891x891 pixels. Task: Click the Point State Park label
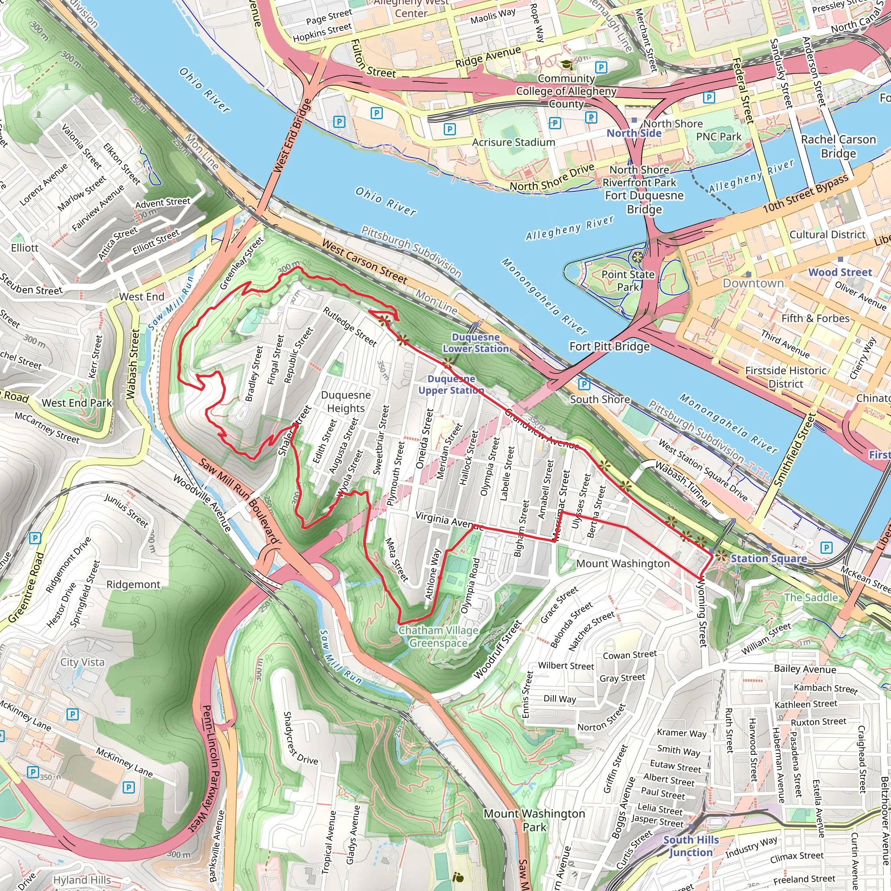[x=628, y=281]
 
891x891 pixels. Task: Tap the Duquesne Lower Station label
[x=476, y=343]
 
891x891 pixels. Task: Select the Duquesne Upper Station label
[x=451, y=384]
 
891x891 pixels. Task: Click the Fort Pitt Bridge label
[x=609, y=346]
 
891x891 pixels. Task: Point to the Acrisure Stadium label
[x=513, y=143]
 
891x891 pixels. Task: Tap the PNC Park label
[x=719, y=137]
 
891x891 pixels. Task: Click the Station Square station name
[x=768, y=558]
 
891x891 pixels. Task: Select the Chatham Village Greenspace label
[x=438, y=636]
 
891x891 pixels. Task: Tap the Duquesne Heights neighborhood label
[x=346, y=402]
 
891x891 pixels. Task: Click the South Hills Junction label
[x=690, y=846]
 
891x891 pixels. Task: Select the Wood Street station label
[x=840, y=272]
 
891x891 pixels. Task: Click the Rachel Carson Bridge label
[x=838, y=146]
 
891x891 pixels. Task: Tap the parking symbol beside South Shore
[x=584, y=384]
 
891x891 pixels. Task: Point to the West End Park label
[x=77, y=402]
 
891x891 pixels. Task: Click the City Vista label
[x=82, y=662]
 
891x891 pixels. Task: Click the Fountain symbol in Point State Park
[x=637, y=257]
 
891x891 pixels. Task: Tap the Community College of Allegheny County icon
[x=566, y=64]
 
